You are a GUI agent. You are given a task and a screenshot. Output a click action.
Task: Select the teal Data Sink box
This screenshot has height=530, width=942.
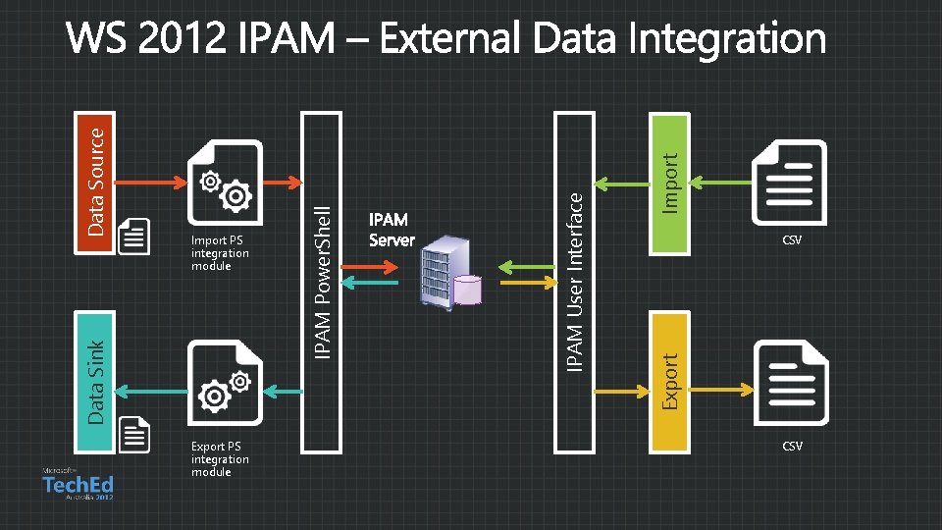tap(96, 383)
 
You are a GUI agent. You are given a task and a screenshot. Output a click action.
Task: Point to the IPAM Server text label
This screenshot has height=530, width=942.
tap(392, 230)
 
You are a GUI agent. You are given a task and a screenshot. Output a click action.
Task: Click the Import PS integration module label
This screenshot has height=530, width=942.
tap(220, 253)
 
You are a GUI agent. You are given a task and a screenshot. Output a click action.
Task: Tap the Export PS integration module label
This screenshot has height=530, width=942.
tap(220, 459)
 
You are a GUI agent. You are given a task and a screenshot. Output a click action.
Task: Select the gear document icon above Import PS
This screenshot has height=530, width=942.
tap(226, 183)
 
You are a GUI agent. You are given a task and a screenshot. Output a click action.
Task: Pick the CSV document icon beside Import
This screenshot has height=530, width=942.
tap(791, 183)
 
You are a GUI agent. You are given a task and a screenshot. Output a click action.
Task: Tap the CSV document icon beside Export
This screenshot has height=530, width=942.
tap(791, 383)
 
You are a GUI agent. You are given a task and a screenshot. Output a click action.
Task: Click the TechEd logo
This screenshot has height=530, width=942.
tap(78, 485)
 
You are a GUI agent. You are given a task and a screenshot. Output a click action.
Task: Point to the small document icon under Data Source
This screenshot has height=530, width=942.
tap(134, 237)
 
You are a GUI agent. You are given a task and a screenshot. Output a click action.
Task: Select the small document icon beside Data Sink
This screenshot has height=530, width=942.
tap(134, 434)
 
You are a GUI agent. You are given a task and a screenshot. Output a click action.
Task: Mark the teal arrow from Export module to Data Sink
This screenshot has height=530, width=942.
tap(151, 392)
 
